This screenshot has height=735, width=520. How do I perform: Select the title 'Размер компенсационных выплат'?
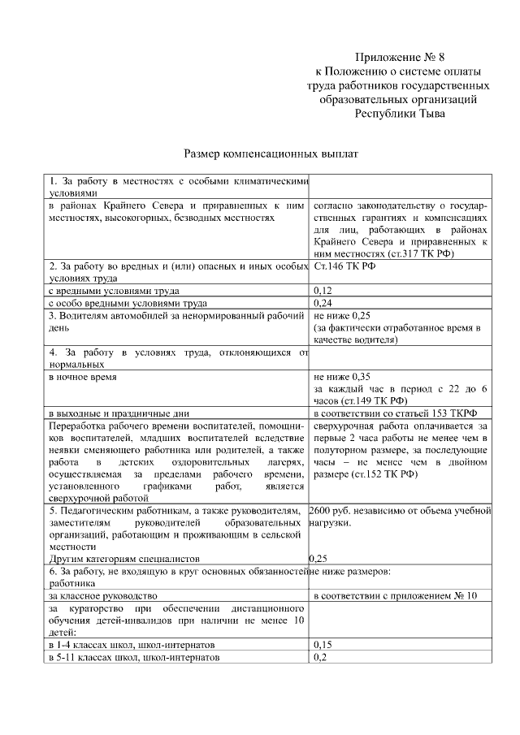pos(271,153)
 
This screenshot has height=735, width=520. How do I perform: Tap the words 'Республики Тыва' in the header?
pos(400,114)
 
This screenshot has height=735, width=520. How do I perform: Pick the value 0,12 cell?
pos(323,290)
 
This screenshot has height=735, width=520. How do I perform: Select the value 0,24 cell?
pos(323,303)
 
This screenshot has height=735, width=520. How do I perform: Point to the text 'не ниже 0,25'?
pos(342,315)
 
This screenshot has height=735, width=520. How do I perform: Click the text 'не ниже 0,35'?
pos(342,377)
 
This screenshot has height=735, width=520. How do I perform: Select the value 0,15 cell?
pos(323,644)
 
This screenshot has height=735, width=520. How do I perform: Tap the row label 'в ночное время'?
pos(82,377)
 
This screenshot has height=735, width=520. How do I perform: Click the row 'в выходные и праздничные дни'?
pos(119,413)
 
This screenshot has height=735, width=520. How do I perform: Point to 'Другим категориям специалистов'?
pos(123,559)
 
